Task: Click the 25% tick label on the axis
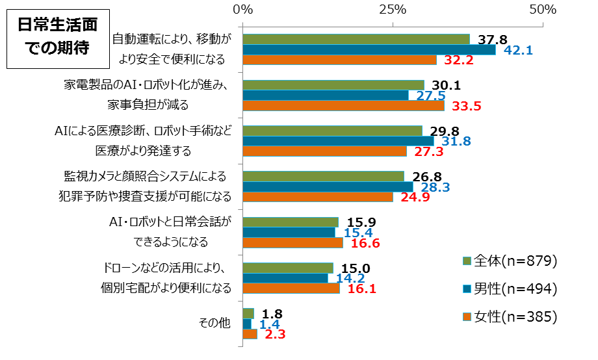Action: (393, 10)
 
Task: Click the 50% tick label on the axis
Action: (542, 10)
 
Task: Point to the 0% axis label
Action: (242, 10)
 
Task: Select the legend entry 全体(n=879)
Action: (511, 261)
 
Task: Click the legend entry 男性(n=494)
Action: (511, 289)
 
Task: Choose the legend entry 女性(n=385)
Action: (511, 316)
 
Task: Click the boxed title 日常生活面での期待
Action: (57, 37)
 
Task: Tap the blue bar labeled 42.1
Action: (369, 50)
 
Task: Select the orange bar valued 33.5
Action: (343, 106)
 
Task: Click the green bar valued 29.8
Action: (332, 131)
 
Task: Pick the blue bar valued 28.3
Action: (328, 187)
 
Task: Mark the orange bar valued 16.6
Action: (292, 243)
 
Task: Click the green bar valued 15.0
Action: (287, 268)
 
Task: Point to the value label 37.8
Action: (492, 40)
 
